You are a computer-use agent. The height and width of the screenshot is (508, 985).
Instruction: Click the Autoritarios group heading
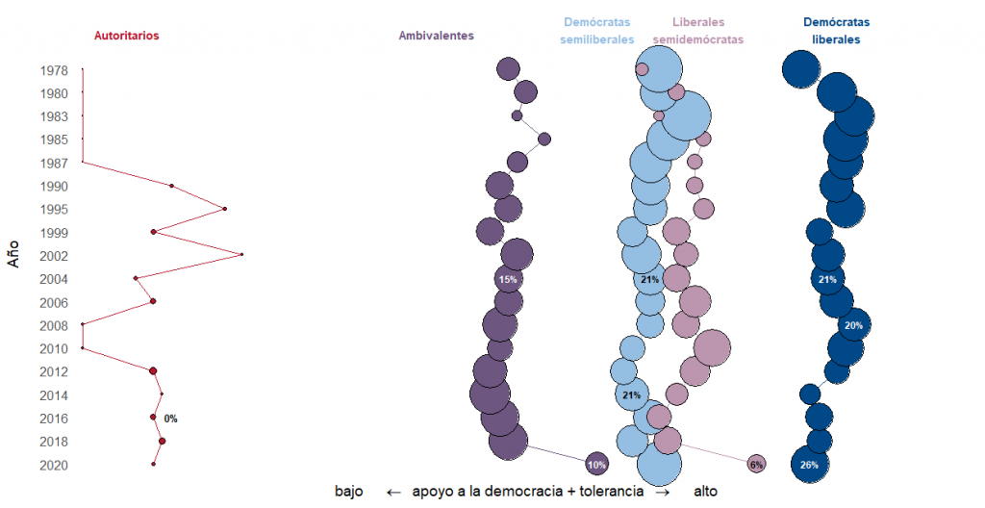click(x=126, y=36)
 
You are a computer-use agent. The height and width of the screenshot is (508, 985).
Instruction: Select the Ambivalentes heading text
click(x=436, y=36)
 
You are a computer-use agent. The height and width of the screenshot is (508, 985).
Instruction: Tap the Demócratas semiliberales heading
click(x=597, y=31)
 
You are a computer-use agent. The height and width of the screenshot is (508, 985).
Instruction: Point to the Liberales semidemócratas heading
click(x=698, y=31)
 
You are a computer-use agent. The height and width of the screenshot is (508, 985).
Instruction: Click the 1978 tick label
click(x=54, y=70)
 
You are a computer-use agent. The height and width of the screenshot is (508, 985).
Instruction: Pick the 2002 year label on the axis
click(x=54, y=256)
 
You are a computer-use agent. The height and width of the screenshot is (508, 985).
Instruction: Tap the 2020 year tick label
click(x=54, y=466)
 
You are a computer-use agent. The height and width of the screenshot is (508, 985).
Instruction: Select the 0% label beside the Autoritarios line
click(x=170, y=419)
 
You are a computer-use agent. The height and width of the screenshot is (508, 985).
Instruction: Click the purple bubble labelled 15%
click(x=508, y=279)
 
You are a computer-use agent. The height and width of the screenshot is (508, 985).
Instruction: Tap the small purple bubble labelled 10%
click(x=596, y=465)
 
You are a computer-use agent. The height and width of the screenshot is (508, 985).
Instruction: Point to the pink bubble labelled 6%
click(x=756, y=465)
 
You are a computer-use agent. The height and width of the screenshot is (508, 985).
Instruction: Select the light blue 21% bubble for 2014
click(x=632, y=394)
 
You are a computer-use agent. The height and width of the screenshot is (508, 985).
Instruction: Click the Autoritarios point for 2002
click(x=241, y=255)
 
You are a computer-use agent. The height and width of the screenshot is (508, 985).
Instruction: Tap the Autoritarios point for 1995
click(x=225, y=209)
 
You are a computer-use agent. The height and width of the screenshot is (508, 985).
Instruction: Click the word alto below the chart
click(x=704, y=492)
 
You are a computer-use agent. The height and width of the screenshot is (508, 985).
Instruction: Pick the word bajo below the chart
click(x=348, y=492)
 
